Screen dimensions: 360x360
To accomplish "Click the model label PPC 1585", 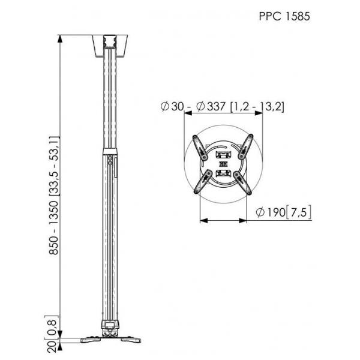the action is [284, 16].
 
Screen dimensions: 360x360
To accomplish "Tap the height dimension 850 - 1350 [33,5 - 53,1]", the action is [54, 196].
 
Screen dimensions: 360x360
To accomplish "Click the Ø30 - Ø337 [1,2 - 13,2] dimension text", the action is [222, 107].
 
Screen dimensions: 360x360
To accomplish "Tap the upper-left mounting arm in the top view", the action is [200, 147].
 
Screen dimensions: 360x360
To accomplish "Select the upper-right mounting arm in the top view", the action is [245, 146].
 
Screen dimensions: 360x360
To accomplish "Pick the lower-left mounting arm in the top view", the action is [203, 182].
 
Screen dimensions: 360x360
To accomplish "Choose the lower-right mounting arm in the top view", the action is [242, 183].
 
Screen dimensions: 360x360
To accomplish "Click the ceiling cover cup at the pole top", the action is [110, 46].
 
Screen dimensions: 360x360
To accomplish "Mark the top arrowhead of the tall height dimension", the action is [60, 39].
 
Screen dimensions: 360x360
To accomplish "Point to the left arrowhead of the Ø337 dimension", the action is [188, 113].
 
